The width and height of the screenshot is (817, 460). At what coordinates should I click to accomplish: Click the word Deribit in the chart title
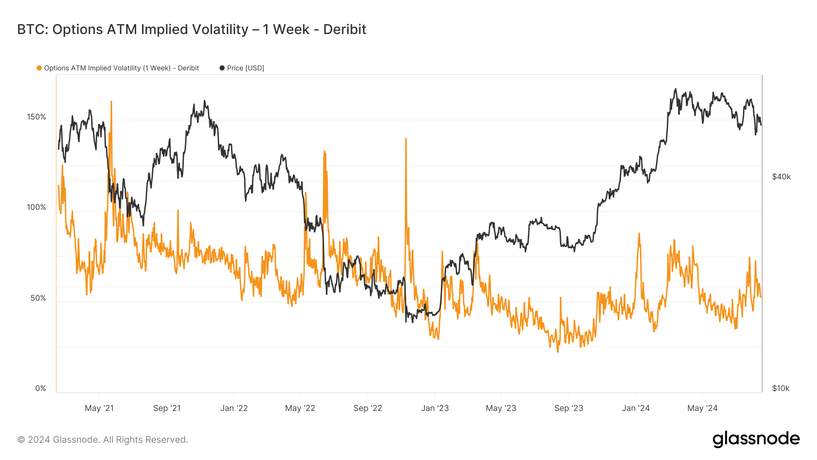click(345, 30)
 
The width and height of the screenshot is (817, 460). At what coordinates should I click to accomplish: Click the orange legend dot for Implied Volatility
click(39, 68)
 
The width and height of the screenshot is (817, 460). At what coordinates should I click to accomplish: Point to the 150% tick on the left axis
click(36, 117)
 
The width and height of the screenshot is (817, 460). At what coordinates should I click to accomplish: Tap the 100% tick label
click(36, 207)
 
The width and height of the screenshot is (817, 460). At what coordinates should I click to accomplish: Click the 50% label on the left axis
click(38, 298)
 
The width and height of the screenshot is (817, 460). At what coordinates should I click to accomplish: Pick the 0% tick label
click(40, 388)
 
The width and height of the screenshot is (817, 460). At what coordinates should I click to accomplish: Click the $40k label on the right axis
click(781, 177)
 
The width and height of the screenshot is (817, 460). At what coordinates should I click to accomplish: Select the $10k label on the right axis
click(781, 388)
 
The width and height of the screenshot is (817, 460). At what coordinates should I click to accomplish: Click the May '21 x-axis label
click(99, 408)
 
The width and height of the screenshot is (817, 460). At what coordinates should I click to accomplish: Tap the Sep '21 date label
click(167, 408)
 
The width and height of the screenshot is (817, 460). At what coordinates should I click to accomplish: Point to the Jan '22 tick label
click(234, 408)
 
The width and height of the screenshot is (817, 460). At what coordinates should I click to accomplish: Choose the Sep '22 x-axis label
click(368, 408)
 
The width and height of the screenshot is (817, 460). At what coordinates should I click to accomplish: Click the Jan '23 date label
click(435, 408)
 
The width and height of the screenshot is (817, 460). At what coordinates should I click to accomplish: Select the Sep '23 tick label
click(568, 408)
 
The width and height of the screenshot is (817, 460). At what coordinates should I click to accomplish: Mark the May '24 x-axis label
click(702, 408)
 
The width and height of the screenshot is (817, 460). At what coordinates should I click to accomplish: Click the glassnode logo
click(756, 439)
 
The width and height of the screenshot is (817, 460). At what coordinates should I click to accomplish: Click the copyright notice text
click(103, 440)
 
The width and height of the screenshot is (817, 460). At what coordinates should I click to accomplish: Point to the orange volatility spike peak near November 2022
click(406, 139)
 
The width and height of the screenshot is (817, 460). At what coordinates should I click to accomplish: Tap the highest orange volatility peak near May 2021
click(111, 102)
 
